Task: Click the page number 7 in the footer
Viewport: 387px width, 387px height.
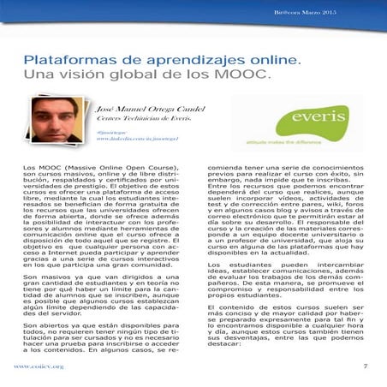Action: click(x=365, y=366)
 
